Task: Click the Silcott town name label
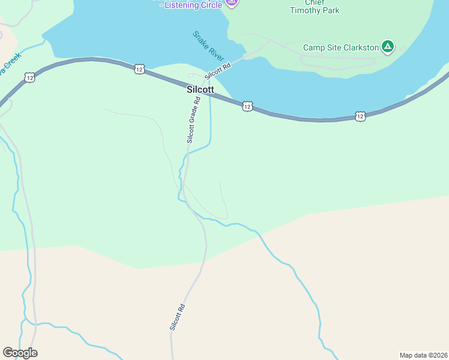200,89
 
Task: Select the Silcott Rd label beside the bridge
217,71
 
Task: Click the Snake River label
208,44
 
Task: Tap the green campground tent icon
388,46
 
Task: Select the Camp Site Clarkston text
341,47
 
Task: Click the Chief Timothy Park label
315,6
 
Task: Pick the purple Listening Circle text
193,5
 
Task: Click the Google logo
20,352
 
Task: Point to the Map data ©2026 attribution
423,355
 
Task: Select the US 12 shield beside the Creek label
29,77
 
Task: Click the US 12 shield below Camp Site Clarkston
360,116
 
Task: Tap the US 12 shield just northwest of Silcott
139,69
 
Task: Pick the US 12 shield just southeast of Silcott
247,106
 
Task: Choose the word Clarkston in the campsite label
358,47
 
